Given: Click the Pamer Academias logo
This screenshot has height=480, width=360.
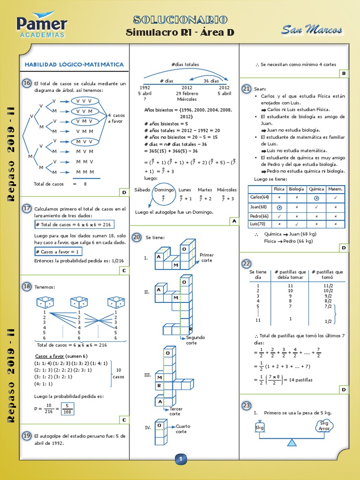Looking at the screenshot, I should (42, 26).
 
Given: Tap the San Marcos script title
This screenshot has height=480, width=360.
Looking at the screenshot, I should (312, 30).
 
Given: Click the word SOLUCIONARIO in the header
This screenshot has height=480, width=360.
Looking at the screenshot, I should (180, 20).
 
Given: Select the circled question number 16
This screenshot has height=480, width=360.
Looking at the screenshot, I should (27, 83).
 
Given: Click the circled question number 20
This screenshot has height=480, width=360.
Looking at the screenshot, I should (136, 237).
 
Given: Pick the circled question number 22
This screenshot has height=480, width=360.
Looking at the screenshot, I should (246, 264).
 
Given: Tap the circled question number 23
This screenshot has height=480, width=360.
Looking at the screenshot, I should (246, 405).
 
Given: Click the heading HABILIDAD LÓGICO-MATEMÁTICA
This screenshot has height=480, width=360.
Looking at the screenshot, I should (74, 64).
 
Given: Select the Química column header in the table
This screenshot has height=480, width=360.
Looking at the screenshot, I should (317, 189).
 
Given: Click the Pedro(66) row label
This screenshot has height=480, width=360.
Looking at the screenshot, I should (259, 216).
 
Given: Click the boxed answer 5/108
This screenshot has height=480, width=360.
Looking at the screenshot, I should (67, 409).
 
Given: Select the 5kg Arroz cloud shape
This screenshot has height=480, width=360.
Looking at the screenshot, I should (324, 426).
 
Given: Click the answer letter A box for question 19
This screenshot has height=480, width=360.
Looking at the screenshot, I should (233, 221).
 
